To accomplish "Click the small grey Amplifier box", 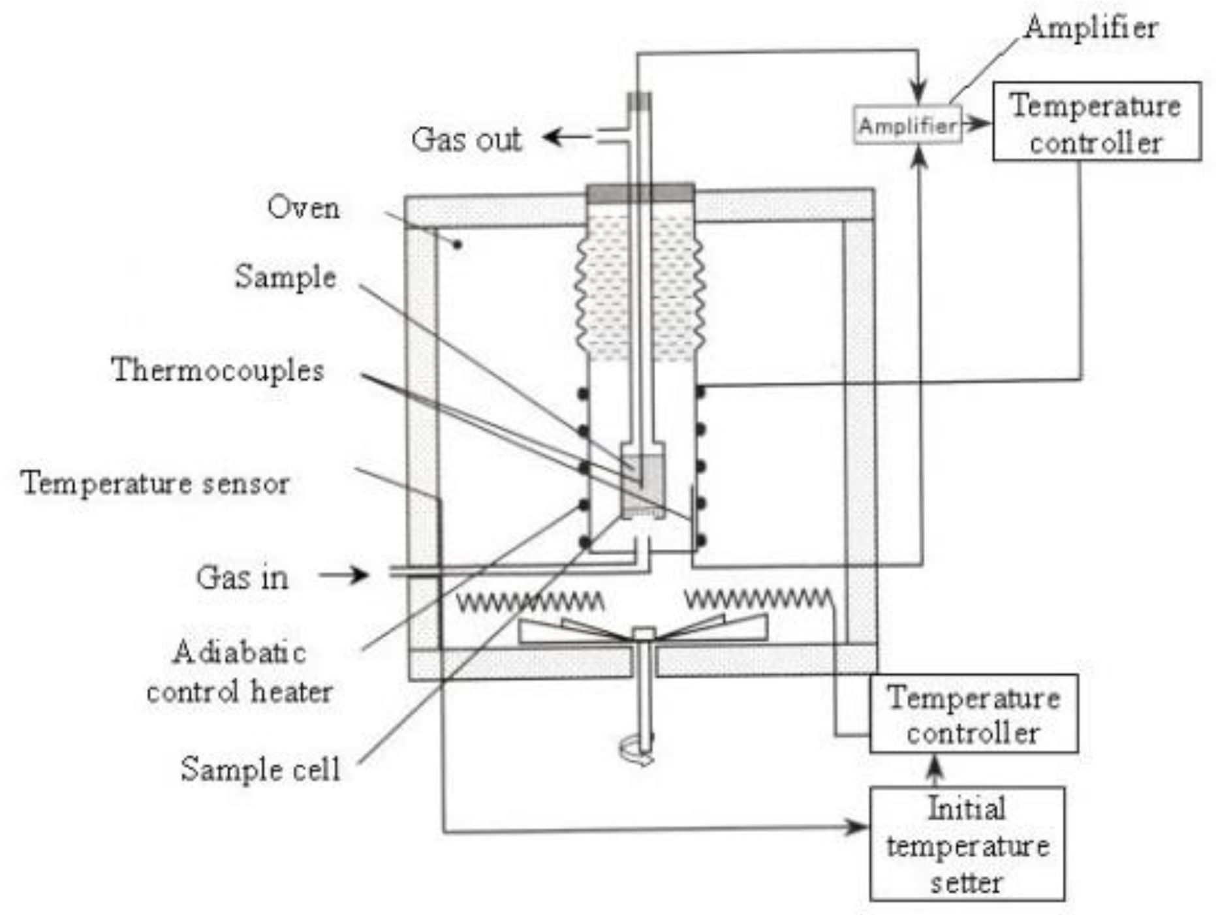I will coord(907,125).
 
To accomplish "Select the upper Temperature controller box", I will coord(1096,121).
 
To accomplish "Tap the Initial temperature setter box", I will coord(967,844).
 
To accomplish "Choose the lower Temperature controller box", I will coord(973,713).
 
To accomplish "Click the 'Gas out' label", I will coord(466,139).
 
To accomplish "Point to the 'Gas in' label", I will coord(242,578).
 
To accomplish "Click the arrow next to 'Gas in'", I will coord(344,575).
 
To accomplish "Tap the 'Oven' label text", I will coord(303,208).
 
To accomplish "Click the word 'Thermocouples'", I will coord(217,370).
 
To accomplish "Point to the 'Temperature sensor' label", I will coord(155,484).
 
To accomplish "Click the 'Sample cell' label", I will coord(260,769).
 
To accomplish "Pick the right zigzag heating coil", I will coord(757,598).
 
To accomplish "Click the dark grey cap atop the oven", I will coord(640,193).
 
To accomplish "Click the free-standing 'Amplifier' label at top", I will coord(1091,28).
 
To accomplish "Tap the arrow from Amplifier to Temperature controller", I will coord(976,123).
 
